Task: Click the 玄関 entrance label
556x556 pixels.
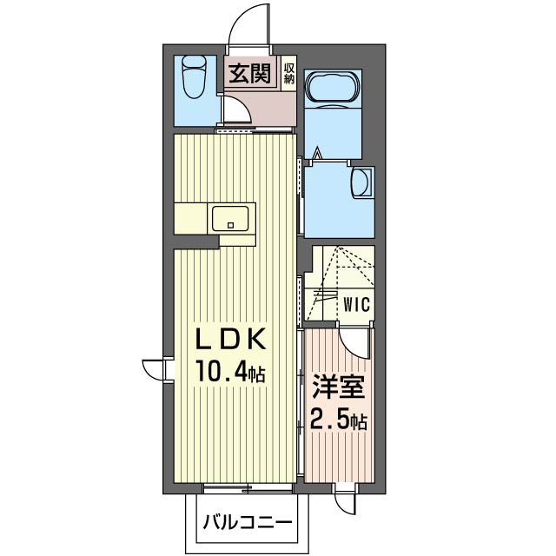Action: point(249,74)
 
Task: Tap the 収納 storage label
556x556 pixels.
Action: point(289,74)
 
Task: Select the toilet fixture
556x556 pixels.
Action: point(194,77)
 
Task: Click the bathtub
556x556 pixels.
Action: point(333,89)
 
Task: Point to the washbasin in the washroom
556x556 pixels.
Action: point(361,181)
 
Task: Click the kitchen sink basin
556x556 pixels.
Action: point(230,219)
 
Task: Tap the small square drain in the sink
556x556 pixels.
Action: point(231,224)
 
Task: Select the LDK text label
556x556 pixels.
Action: point(231,340)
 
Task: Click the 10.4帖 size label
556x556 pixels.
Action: point(230,371)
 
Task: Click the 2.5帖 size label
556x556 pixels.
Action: point(338,419)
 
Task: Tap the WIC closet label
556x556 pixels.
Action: point(357,304)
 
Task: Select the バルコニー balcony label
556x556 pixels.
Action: point(248,522)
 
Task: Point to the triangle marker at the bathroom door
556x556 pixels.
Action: point(318,153)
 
